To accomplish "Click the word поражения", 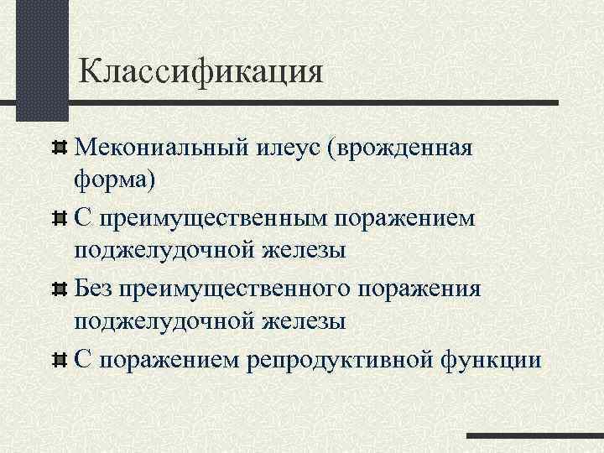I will [x=419, y=289].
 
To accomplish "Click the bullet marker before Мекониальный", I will [x=58, y=149].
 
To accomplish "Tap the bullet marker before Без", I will [x=58, y=290].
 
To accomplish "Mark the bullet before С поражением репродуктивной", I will [x=58, y=361].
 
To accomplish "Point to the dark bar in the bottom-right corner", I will [x=534, y=436].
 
